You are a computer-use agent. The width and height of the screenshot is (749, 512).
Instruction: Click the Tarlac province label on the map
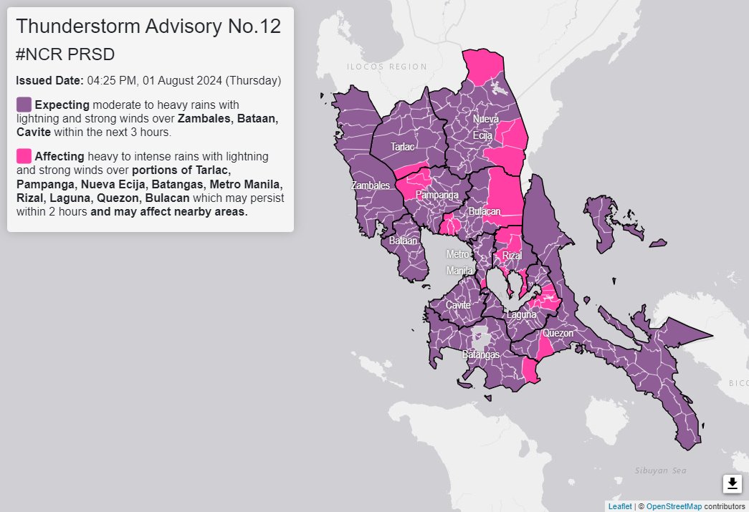pos(402,147)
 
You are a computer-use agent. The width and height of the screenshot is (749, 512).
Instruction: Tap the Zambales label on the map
pos(371,185)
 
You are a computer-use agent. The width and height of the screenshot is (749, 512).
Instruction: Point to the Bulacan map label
pos(484,212)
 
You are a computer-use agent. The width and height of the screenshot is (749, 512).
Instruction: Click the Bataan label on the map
pos(403,241)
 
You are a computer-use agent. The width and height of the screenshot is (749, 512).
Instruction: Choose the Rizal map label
pos(512,256)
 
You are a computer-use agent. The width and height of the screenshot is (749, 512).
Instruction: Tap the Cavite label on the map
pos(458,305)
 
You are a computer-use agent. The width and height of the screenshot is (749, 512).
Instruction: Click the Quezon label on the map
pos(558,333)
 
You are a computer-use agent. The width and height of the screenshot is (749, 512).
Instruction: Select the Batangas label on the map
pos(480,354)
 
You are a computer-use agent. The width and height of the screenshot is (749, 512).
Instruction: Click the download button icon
pos(732,484)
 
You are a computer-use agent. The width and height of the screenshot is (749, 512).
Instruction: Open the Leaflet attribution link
pos(619,506)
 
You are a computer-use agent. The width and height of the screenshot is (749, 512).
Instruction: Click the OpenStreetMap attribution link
pos(673,506)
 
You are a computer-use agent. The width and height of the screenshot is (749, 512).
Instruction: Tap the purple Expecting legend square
pos(24,105)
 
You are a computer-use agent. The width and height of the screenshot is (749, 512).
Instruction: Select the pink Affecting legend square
pos(24,155)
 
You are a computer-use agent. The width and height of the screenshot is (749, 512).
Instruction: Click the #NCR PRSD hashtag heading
pos(65,54)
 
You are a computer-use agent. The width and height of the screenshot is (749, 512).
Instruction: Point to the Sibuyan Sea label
pos(660,470)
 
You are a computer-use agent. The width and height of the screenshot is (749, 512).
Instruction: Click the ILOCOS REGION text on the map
pos(386,67)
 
